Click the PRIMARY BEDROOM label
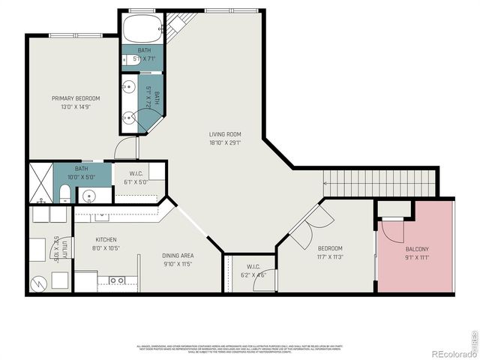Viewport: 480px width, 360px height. (75, 98)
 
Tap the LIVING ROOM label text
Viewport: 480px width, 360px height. (225, 134)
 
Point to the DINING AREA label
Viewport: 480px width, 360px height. (178, 256)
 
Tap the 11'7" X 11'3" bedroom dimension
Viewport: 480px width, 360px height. (330, 256)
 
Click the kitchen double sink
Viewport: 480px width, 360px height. (116, 280)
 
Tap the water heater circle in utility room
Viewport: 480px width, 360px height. (40, 283)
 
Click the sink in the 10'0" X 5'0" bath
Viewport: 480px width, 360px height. (90, 196)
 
